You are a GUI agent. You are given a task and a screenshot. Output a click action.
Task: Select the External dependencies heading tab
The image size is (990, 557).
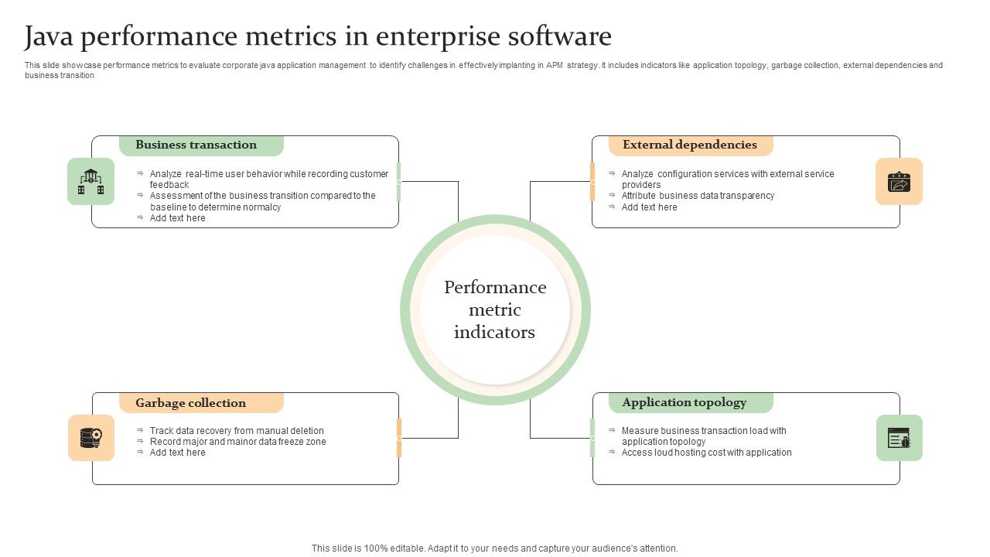pyautogui.click(x=690, y=145)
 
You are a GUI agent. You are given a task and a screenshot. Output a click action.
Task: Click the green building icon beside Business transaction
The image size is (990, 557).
pyautogui.click(x=90, y=182)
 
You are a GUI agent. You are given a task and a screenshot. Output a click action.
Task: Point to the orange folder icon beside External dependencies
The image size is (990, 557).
pyautogui.click(x=899, y=182)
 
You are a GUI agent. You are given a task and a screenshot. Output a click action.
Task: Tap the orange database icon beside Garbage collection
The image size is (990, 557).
pyautogui.click(x=90, y=438)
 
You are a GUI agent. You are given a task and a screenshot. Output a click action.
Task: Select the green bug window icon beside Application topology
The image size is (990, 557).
pyautogui.click(x=899, y=439)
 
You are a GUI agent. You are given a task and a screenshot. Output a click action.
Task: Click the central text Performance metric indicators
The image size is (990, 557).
pyautogui.click(x=495, y=310)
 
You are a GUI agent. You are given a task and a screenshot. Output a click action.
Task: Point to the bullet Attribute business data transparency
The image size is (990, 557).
pyautogui.click(x=698, y=196)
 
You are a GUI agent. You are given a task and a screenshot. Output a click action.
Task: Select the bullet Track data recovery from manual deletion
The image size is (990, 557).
pyautogui.click(x=237, y=431)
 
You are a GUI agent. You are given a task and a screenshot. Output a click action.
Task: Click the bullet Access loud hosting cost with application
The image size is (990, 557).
pyautogui.click(x=706, y=453)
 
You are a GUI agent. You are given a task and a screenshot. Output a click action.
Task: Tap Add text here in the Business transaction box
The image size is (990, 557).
pyautogui.click(x=178, y=218)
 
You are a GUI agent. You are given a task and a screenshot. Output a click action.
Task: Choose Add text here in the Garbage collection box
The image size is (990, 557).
pyautogui.click(x=178, y=453)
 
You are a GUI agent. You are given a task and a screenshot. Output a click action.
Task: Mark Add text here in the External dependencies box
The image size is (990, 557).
pyautogui.click(x=650, y=207)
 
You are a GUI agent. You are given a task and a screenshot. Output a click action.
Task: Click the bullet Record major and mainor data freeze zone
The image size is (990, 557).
pyautogui.click(x=238, y=442)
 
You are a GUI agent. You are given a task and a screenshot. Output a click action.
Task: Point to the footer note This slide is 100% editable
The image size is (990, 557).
pyautogui.click(x=494, y=548)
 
